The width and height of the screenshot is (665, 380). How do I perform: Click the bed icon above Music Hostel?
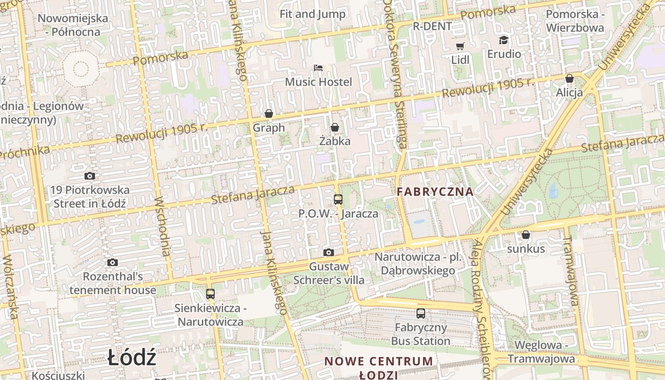click(x=318, y=68)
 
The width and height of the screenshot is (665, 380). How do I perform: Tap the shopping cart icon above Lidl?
click(x=460, y=46)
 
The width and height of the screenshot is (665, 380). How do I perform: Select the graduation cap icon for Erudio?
click(x=503, y=40)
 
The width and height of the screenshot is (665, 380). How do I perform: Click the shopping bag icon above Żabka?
click(x=335, y=127)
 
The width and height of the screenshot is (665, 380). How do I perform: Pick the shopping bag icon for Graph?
click(x=269, y=114)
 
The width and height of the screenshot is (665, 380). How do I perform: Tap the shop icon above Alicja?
click(x=569, y=78)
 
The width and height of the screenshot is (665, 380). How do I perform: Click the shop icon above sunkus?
click(x=526, y=235)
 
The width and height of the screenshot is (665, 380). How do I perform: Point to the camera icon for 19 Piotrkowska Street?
click(x=90, y=176)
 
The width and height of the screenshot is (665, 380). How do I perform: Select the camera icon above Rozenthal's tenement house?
click(x=113, y=262)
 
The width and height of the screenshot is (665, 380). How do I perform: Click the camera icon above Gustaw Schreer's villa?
click(x=328, y=252)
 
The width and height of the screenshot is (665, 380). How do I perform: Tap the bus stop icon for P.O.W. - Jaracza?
click(x=338, y=199)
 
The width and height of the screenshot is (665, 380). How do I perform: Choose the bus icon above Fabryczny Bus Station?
click(x=421, y=313)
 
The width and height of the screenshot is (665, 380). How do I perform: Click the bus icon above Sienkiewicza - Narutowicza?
click(x=210, y=294)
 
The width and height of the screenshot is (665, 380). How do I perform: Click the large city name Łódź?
click(x=132, y=358)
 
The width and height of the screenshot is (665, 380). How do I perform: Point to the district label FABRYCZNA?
click(x=435, y=192)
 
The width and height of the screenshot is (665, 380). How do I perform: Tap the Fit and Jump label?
click(x=313, y=14)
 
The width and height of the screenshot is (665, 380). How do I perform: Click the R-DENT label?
click(x=432, y=27)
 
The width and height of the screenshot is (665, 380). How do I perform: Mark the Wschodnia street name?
click(x=162, y=226)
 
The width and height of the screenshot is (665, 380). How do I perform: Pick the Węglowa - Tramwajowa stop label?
click(x=541, y=352)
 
